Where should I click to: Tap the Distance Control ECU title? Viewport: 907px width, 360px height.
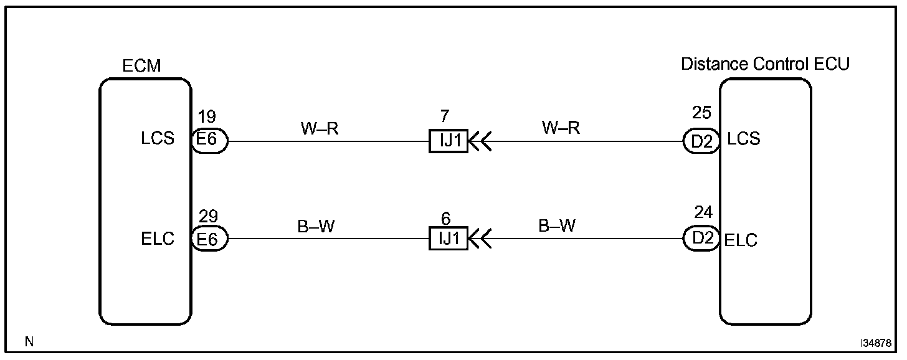765,64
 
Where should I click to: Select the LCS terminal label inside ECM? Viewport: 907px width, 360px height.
158,140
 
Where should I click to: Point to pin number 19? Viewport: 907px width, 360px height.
207,117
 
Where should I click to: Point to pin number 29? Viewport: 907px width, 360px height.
209,217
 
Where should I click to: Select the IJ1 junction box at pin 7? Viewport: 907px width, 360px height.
448,141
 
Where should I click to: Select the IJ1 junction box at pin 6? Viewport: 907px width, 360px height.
448,239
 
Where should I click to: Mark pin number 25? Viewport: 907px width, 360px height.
702,114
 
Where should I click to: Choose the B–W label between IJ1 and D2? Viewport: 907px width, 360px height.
557,226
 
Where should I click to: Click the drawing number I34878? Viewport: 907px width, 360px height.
876,343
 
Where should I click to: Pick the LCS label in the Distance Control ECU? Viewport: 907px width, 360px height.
744,138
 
